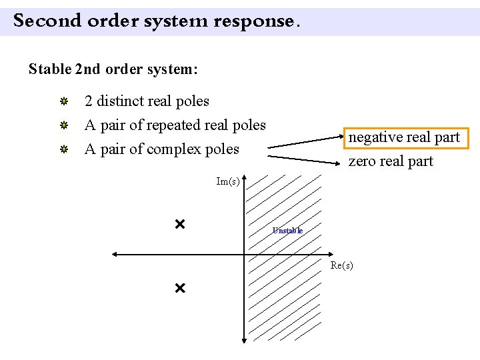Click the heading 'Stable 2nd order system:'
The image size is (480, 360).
[113, 69]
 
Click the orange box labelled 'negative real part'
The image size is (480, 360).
[404, 137]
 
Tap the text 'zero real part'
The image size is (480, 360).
[391, 161]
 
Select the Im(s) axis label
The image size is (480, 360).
[228, 181]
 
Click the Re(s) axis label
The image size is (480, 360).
[341, 265]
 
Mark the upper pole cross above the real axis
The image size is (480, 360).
[179, 224]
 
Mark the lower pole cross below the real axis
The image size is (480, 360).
[179, 289]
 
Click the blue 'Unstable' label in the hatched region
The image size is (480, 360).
[287, 231]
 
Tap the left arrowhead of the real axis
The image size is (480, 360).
[115, 254]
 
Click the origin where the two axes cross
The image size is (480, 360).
[244, 254]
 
